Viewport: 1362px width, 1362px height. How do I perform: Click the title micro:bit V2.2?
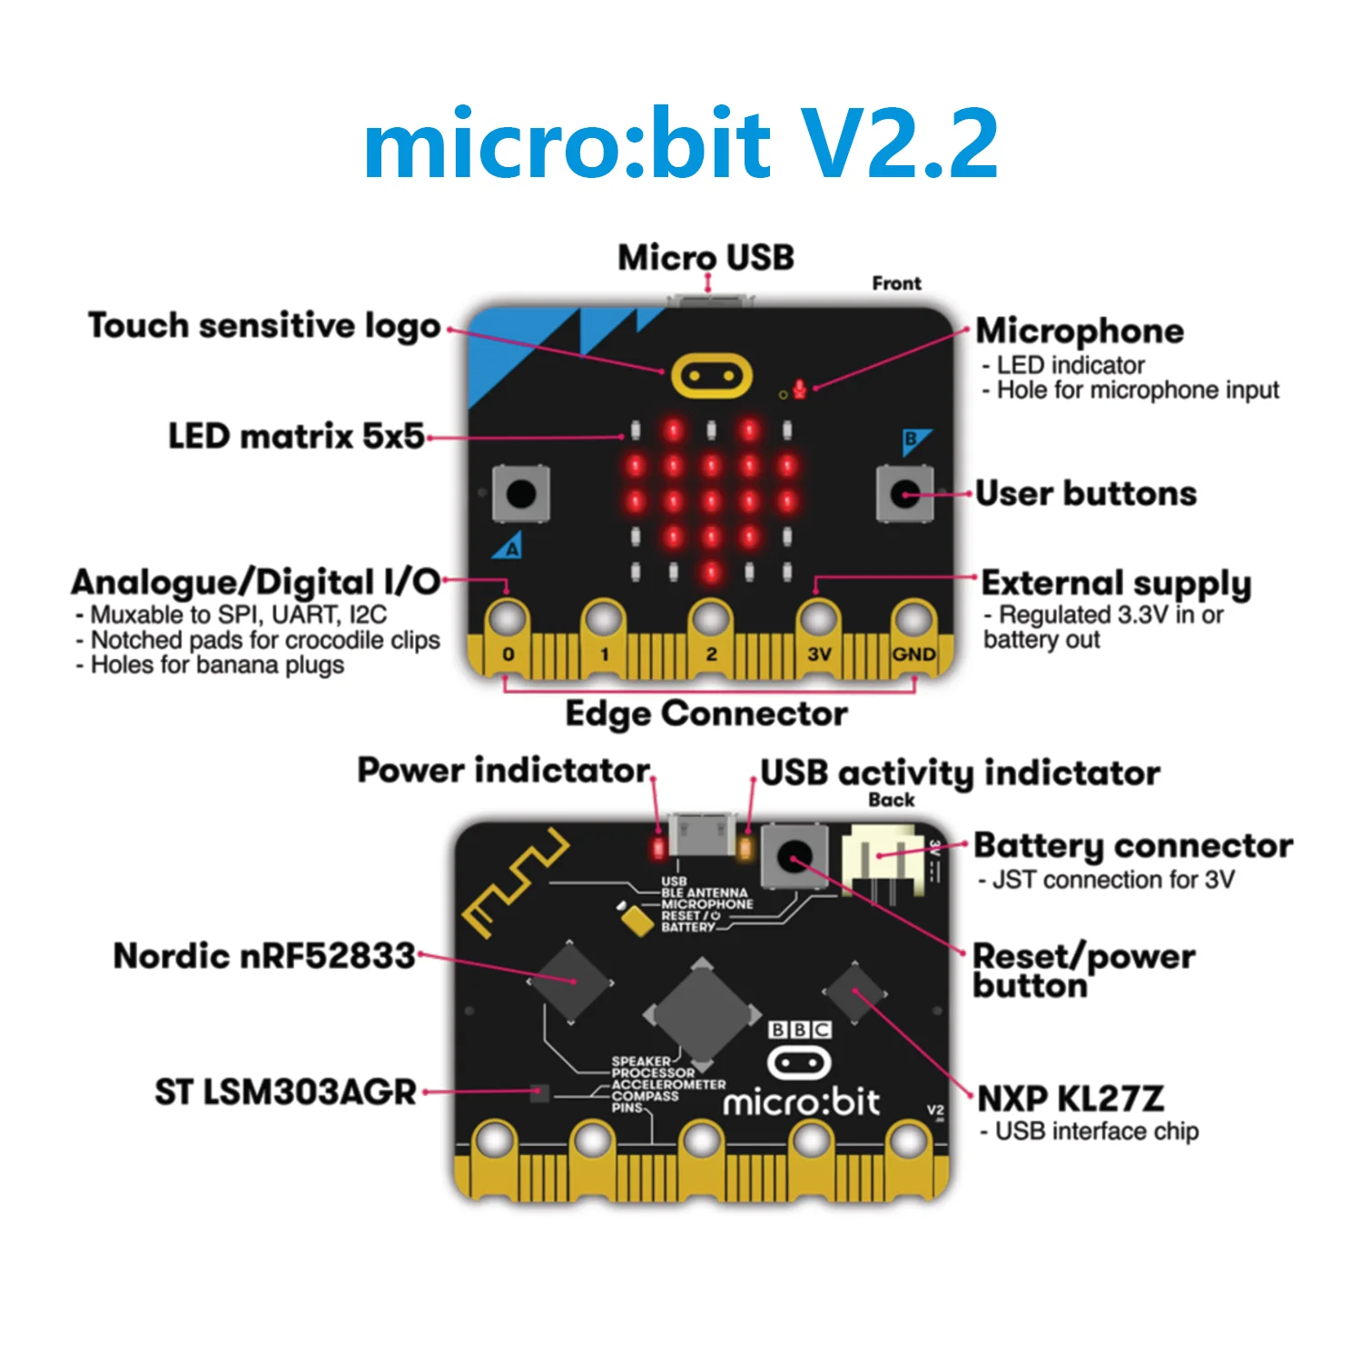pyautogui.click(x=681, y=143)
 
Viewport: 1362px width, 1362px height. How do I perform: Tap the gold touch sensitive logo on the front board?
pyautogui.click(x=711, y=375)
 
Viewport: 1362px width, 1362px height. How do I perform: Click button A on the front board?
pyautogui.click(x=520, y=494)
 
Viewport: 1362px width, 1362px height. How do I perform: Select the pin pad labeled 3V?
pyautogui.click(x=818, y=621)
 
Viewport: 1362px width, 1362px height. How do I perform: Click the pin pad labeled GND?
pyautogui.click(x=913, y=621)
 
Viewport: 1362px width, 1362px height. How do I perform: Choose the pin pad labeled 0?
pyautogui.click(x=508, y=621)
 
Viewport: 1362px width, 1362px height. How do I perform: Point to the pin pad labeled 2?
pyautogui.click(x=711, y=621)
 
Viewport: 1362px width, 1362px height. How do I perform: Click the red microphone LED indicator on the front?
pyautogui.click(x=799, y=389)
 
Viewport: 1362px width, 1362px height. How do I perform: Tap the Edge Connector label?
pyautogui.click(x=706, y=714)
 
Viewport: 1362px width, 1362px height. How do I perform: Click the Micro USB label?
pyautogui.click(x=706, y=258)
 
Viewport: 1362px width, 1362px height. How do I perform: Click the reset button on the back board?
pyautogui.click(x=794, y=855)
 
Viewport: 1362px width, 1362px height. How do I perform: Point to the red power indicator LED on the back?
pyautogui.click(x=658, y=849)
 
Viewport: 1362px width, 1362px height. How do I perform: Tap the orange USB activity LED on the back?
pyautogui.click(x=746, y=849)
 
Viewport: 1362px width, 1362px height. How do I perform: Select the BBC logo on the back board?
pyautogui.click(x=800, y=1030)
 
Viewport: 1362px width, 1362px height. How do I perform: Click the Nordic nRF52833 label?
pyautogui.click(x=264, y=956)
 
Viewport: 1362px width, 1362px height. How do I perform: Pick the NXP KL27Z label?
pyautogui.click(x=1071, y=1099)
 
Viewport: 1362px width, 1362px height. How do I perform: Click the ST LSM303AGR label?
pyautogui.click(x=285, y=1091)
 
